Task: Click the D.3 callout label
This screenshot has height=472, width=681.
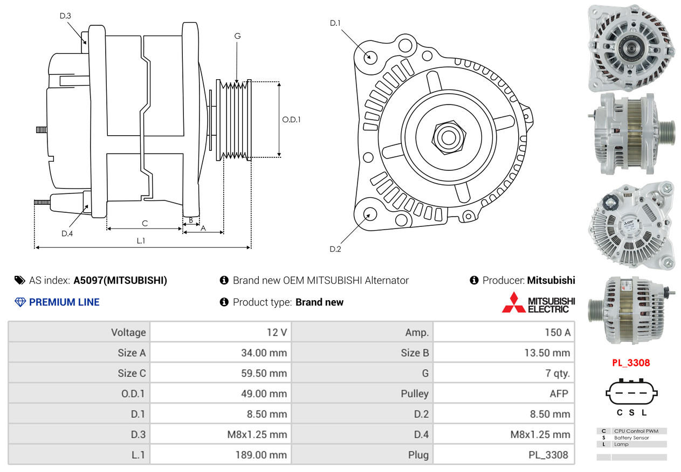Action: pyautogui.click(x=65, y=16)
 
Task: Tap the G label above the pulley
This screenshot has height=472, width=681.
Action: pyautogui.click(x=237, y=36)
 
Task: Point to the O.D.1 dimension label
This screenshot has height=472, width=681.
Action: pyautogui.click(x=291, y=120)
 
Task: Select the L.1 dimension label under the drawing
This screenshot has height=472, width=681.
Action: pyautogui.click(x=141, y=241)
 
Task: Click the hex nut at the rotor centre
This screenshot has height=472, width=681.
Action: pyautogui.click(x=449, y=137)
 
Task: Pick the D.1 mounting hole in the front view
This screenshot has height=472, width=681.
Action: pyautogui.click(x=370, y=58)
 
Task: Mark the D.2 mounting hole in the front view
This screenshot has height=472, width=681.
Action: pyautogui.click(x=370, y=214)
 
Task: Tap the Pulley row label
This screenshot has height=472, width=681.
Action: pyautogui.click(x=415, y=394)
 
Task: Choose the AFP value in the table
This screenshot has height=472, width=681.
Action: pyautogui.click(x=559, y=394)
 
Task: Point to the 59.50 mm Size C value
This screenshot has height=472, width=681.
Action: pyautogui.click(x=264, y=373)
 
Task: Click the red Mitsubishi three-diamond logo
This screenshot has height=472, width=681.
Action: pyautogui.click(x=514, y=302)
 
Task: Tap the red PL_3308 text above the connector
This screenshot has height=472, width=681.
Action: pyautogui.click(x=631, y=363)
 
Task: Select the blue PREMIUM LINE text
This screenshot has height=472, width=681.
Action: pyautogui.click(x=64, y=302)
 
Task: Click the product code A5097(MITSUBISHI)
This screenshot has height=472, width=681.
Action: pyautogui.click(x=120, y=280)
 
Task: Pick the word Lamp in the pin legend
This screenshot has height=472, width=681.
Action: pyautogui.click(x=621, y=445)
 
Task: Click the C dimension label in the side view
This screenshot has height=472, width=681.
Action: pyautogui.click(x=145, y=224)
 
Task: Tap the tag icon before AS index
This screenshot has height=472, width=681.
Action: pyautogui.click(x=20, y=280)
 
